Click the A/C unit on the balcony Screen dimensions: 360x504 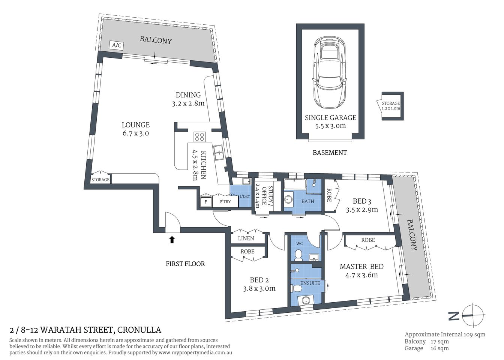(x=117, y=46)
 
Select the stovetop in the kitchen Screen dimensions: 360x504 (x=199, y=136)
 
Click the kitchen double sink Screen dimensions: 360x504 (x=218, y=152)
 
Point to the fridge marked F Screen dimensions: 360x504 (x=205, y=202)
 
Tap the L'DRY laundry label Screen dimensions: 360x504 (x=244, y=196)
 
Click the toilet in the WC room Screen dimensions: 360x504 (x=298, y=255)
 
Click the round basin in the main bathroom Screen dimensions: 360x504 (x=289, y=199)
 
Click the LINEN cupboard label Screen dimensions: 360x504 (x=246, y=238)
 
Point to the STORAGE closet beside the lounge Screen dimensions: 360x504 (x=100, y=180)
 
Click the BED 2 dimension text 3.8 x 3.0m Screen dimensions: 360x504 (x=259, y=288)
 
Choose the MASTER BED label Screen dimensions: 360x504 (x=361, y=267)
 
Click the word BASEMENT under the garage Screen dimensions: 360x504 (x=330, y=153)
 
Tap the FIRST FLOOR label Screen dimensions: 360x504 (x=185, y=264)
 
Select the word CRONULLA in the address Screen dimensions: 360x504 (x=139, y=330)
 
